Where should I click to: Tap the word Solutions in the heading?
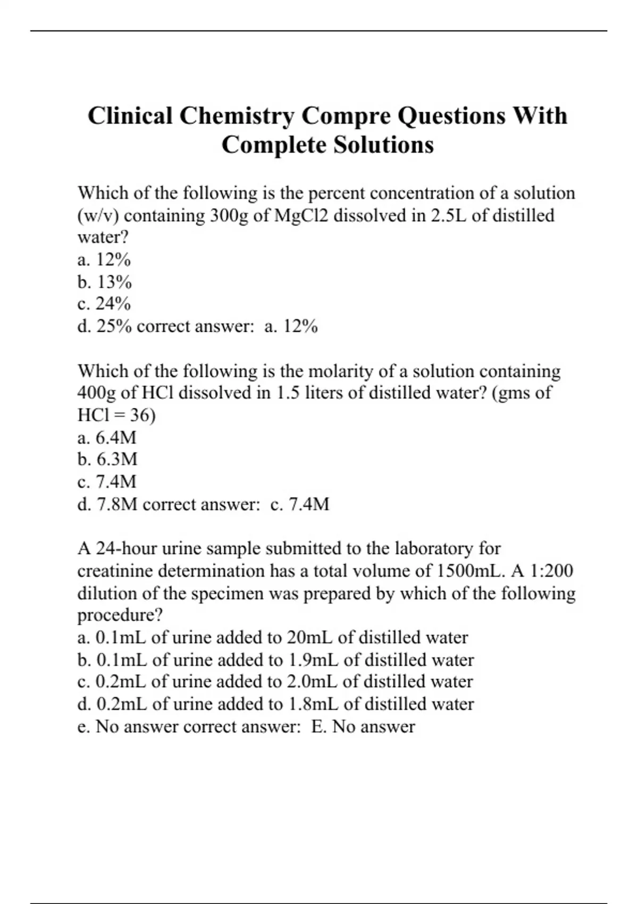[384, 145]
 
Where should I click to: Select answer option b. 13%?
[104, 282]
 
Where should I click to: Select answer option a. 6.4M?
[107, 438]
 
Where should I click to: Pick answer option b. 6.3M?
[107, 459]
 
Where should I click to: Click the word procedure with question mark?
[120, 615]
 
